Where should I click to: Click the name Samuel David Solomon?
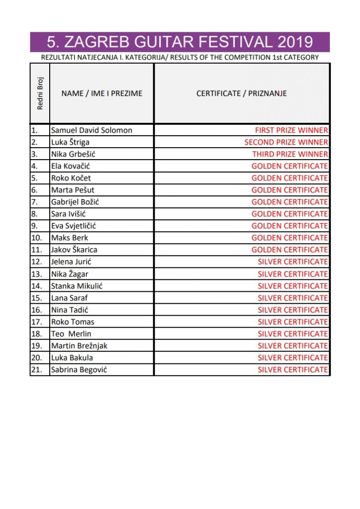click(x=91, y=130)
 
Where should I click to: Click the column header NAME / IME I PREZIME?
click(x=101, y=93)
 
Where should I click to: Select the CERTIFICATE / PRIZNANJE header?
click(x=242, y=93)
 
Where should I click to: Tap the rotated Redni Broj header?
click(x=40, y=93)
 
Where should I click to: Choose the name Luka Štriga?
click(x=70, y=142)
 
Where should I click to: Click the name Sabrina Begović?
click(x=79, y=369)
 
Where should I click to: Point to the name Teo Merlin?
click(x=71, y=334)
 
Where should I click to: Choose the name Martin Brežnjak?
click(x=79, y=345)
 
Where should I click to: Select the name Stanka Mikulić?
click(x=77, y=286)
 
